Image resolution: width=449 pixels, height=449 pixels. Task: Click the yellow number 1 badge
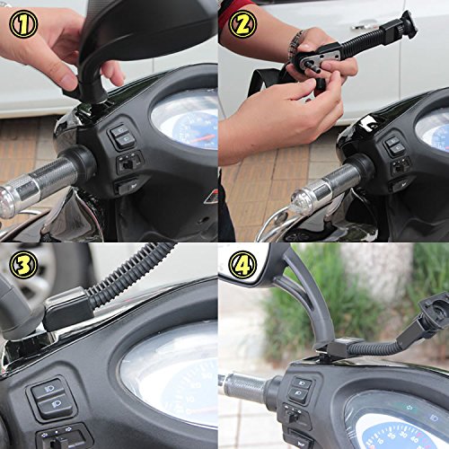click(x=23, y=23)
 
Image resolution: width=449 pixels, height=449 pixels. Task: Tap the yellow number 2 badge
click(x=242, y=23)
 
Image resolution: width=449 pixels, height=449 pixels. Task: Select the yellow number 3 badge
click(x=23, y=265)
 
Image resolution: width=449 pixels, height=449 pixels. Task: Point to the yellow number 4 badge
click(x=242, y=265)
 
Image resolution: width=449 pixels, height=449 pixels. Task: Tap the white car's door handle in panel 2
click(x=365, y=24)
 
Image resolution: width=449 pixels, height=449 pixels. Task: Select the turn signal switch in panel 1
click(x=129, y=163)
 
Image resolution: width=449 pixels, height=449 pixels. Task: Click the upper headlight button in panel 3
click(x=48, y=390)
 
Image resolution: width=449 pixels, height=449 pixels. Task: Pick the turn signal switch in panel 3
click(x=60, y=438)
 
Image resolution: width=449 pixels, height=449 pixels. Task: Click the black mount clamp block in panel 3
click(x=68, y=307)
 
